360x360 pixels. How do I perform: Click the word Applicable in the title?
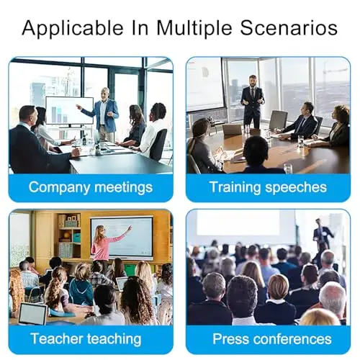73,28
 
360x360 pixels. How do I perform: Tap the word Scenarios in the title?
289,27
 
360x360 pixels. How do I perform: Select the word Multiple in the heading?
194,28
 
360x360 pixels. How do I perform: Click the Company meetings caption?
91,187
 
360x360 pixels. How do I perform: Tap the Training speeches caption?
268,187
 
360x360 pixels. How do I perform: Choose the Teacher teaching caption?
86,338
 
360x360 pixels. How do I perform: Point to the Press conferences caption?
272,338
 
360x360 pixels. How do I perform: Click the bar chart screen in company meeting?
69,110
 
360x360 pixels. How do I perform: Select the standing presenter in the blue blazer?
104,114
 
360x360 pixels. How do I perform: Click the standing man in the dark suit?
252,102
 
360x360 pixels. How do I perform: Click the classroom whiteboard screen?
122,237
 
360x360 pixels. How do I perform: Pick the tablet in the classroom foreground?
32,313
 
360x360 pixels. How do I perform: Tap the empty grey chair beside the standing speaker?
279,122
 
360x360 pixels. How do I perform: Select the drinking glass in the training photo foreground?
288,168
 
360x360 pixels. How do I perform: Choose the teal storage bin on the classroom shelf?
76,238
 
